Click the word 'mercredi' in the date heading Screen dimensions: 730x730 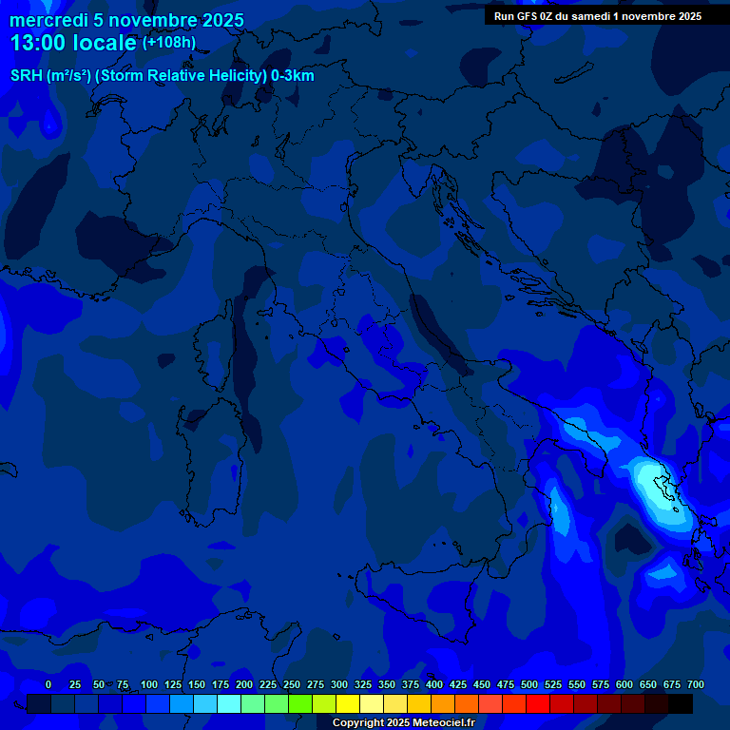pyautogui.click(x=48, y=20)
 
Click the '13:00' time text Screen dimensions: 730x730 pyautogui.click(x=38, y=43)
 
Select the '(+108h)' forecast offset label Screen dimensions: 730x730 pyautogui.click(x=169, y=43)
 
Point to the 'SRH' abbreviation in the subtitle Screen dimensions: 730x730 pyautogui.click(x=27, y=76)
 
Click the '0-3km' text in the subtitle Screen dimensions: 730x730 pyautogui.click(x=293, y=76)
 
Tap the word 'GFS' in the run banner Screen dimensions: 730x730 pyautogui.click(x=528, y=16)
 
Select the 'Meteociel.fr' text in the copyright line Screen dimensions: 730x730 pyautogui.click(x=443, y=723)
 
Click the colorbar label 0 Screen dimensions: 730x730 pyautogui.click(x=48, y=684)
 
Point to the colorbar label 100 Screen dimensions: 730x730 pyautogui.click(x=149, y=684)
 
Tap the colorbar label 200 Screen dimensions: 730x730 pyautogui.click(x=244, y=684)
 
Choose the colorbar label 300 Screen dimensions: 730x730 pyautogui.click(x=339, y=684)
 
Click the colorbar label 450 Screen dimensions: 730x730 pyautogui.click(x=482, y=684)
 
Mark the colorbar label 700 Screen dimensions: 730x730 pyautogui.click(x=696, y=684)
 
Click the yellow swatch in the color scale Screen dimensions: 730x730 pyautogui.click(x=348, y=703)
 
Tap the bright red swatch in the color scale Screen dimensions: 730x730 pyautogui.click(x=538, y=703)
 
